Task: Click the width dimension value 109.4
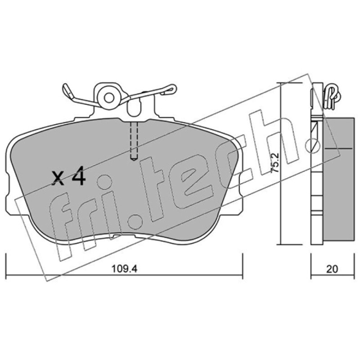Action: point(124,269)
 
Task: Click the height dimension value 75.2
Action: point(275,163)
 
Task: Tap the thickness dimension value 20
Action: point(332,269)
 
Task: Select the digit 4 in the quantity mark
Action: point(77,176)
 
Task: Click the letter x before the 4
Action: point(58,178)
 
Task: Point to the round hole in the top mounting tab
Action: point(109,98)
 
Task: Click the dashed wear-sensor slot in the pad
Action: point(134,140)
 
